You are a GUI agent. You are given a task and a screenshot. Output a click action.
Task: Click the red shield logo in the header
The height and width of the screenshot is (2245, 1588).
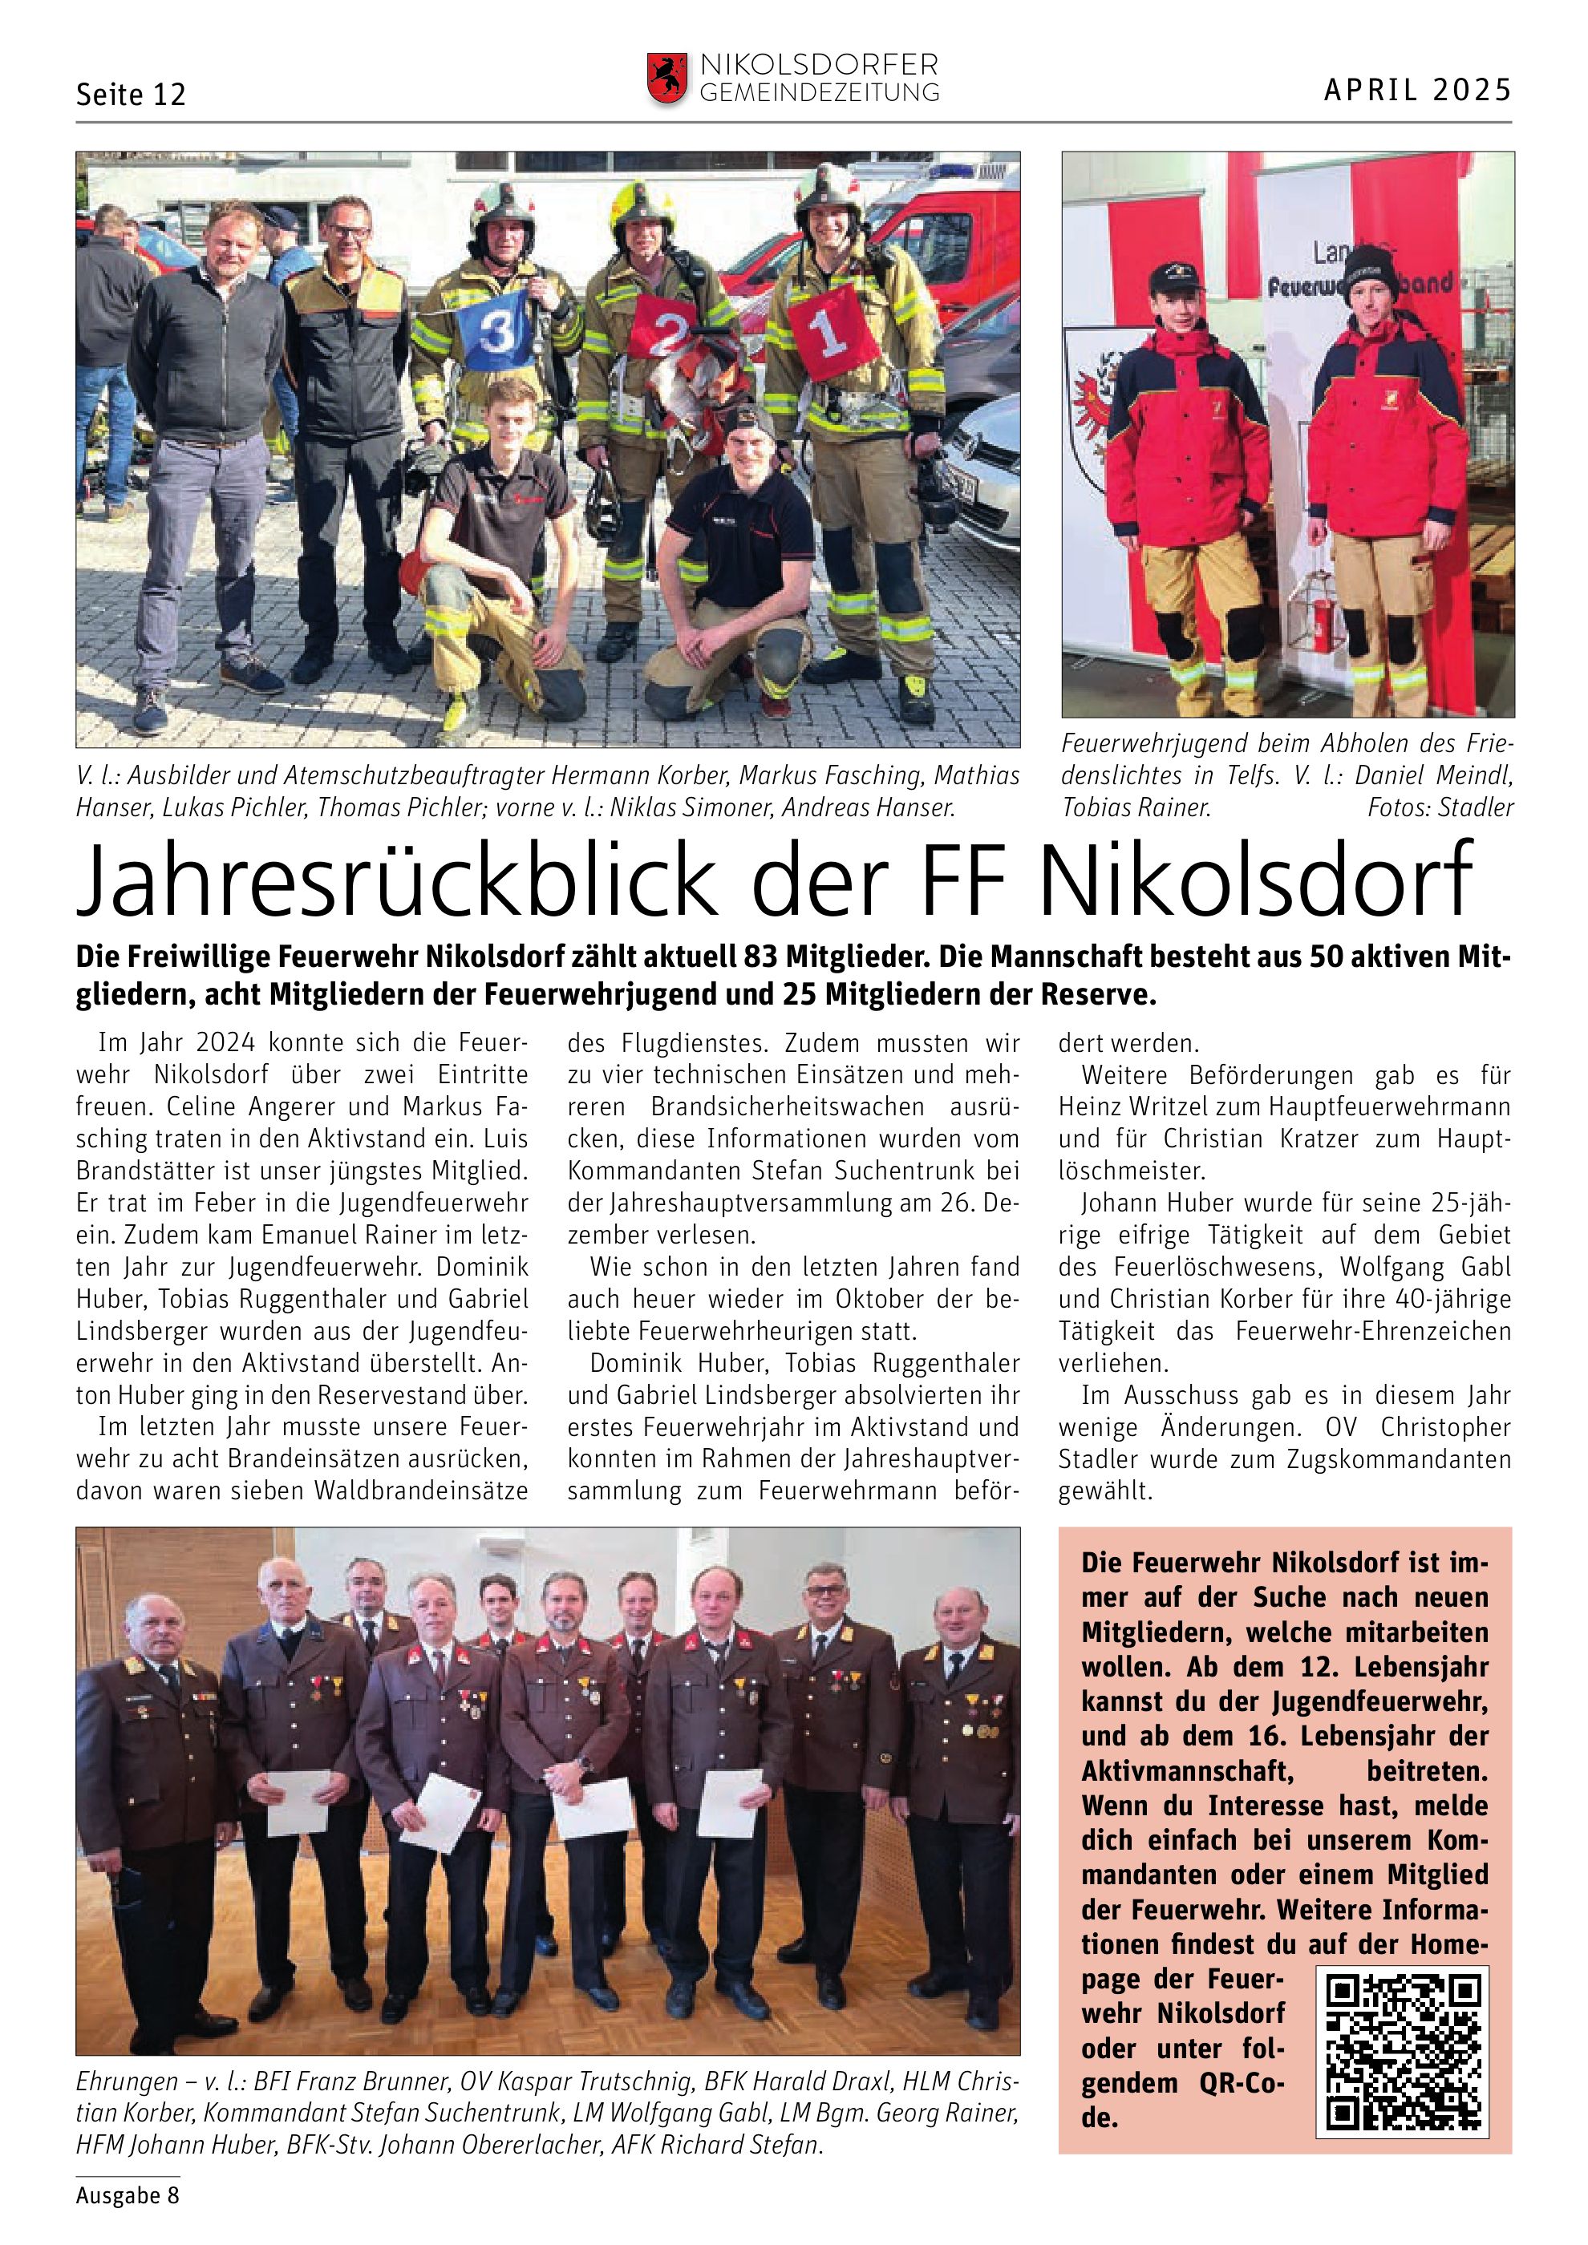point(667,79)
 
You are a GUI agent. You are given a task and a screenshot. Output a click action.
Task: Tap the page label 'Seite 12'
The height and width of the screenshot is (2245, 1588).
point(130,95)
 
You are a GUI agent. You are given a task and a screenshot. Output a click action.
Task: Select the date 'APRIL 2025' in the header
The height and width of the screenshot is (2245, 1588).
point(1417,90)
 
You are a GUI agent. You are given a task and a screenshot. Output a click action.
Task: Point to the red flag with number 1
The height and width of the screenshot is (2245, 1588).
point(833,331)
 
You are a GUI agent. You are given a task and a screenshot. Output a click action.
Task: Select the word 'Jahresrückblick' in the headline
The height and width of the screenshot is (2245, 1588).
point(397,877)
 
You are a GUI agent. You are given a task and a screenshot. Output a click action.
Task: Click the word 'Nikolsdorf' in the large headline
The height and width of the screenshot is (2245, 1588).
point(1254,877)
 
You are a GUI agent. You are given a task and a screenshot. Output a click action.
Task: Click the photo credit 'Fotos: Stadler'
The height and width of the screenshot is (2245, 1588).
point(1440,807)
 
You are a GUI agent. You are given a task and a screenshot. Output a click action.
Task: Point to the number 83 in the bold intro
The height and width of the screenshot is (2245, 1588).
point(760,957)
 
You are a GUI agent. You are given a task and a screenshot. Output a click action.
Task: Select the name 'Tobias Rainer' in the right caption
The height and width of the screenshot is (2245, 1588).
point(1136,807)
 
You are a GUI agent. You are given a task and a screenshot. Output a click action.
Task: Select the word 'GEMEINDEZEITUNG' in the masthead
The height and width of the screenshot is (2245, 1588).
point(820,93)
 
